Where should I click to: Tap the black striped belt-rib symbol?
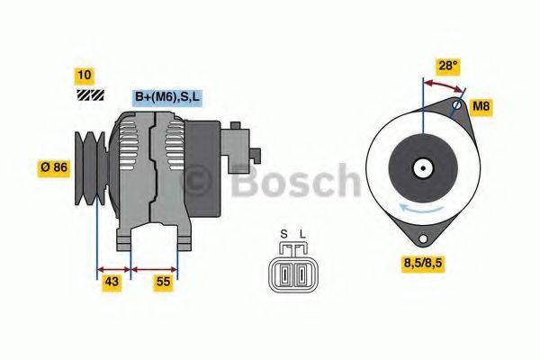[x=89, y=94]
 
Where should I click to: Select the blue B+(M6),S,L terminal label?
[x=166, y=96]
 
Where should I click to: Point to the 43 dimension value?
[x=112, y=282]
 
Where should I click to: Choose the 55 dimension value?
[x=163, y=282]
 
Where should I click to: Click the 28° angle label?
[x=448, y=66]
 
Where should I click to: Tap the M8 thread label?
[x=481, y=107]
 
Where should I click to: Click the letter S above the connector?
[x=283, y=236]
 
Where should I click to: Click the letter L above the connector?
[x=302, y=236]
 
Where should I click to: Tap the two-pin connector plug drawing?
[x=292, y=273]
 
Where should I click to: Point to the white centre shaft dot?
[x=421, y=166]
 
